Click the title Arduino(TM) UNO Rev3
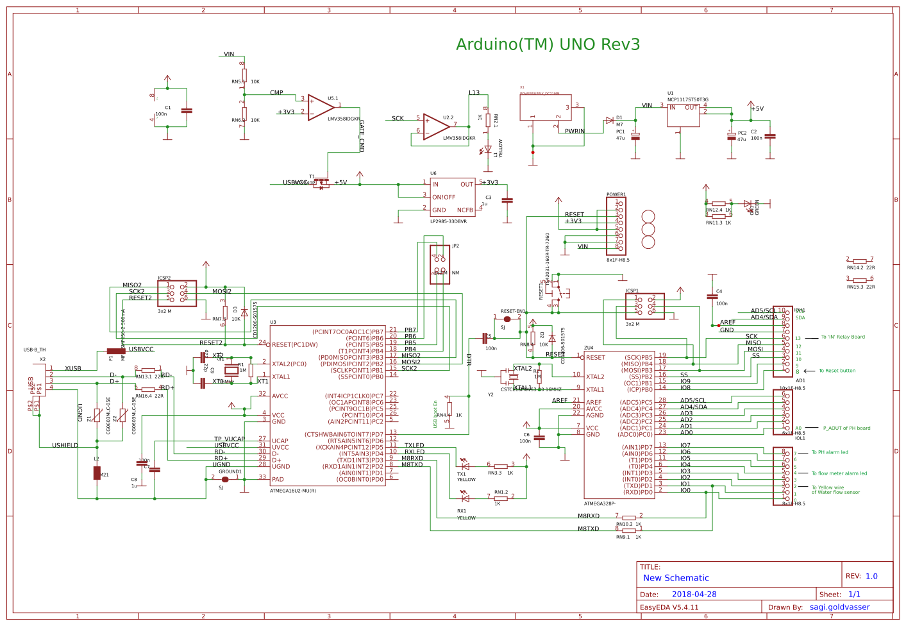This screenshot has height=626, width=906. [x=548, y=44]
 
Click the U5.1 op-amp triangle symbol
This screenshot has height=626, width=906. [x=321, y=108]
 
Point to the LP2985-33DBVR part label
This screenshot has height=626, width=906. [x=448, y=221]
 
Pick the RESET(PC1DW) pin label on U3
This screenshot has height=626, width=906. [x=294, y=344]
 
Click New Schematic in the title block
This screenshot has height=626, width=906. [x=676, y=578]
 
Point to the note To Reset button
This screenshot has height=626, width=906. [x=837, y=371]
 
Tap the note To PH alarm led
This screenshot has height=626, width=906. [x=830, y=452]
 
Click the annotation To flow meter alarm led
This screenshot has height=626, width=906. [x=839, y=473]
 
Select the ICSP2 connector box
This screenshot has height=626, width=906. [x=177, y=293]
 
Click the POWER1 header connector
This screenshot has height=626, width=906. [x=616, y=226]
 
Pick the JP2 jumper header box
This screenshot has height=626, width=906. [x=440, y=264]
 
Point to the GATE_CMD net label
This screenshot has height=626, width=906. [x=362, y=135]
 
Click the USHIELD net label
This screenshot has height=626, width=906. [x=65, y=445]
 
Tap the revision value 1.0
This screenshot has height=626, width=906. [x=871, y=576]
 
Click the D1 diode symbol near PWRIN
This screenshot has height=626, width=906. [x=609, y=121]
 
